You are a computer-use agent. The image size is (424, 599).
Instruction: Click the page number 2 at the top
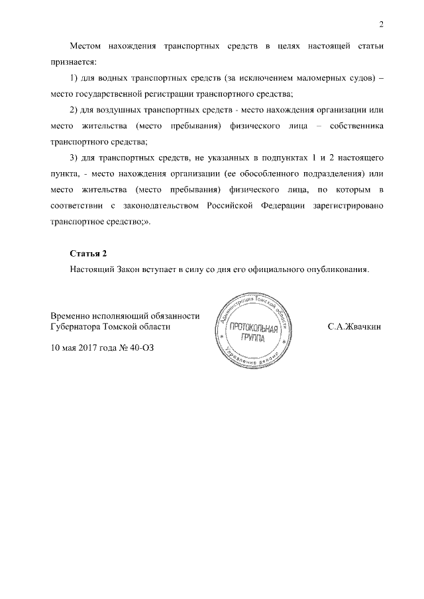(381, 25)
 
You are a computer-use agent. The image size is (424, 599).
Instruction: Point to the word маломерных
(320, 79)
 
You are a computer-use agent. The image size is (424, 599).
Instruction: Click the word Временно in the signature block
(73, 316)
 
